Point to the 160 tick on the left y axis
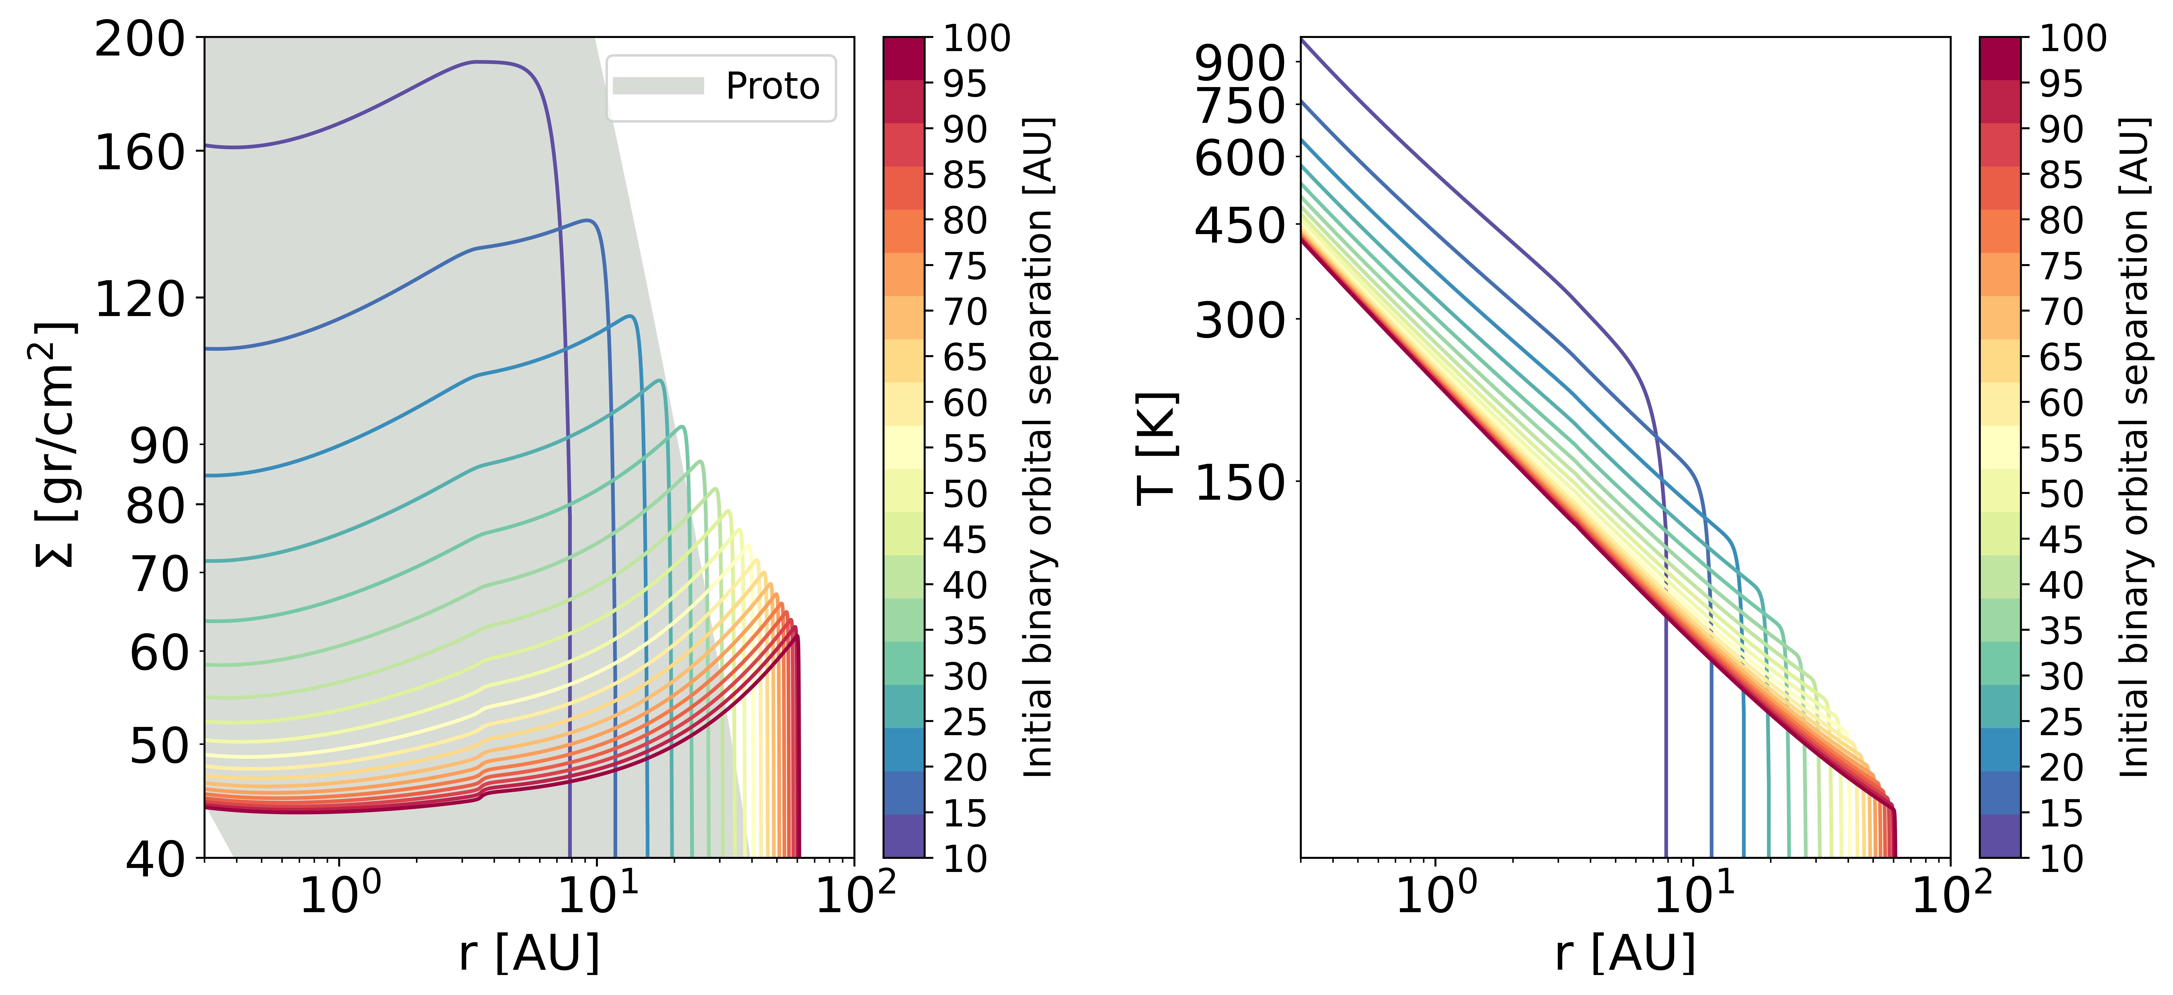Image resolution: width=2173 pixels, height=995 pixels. pos(139,153)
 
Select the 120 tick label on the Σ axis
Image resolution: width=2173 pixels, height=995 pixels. pos(139,298)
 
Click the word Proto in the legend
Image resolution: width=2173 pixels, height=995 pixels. pos(772,86)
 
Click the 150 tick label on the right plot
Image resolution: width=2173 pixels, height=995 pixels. pos(1240,483)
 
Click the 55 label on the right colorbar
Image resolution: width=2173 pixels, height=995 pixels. pos(2061,449)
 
